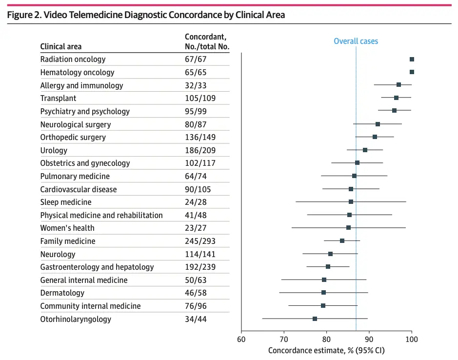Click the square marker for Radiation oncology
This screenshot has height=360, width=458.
pos(412,59)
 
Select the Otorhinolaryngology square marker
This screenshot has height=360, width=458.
pos(315,319)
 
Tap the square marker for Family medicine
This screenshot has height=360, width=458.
pos(342,240)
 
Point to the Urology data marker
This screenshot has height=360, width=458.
pos(365,150)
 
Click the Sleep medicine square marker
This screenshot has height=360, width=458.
pos(351,201)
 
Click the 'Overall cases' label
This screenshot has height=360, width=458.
pos(356,41)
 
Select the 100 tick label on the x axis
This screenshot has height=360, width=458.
pos(412,339)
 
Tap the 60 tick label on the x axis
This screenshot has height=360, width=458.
pos(241,339)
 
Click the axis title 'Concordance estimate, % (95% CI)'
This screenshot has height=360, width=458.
pos(326,350)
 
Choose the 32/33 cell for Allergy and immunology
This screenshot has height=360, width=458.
pos(195,85)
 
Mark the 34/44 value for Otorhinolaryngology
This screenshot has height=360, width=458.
pos(195,319)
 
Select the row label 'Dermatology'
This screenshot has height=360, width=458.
pos(62,293)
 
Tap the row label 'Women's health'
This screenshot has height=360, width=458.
pos(67,228)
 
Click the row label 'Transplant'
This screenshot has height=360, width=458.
pos(58,99)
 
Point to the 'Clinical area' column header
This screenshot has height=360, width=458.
pos(61,47)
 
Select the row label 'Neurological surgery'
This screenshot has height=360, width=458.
pos(76,124)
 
